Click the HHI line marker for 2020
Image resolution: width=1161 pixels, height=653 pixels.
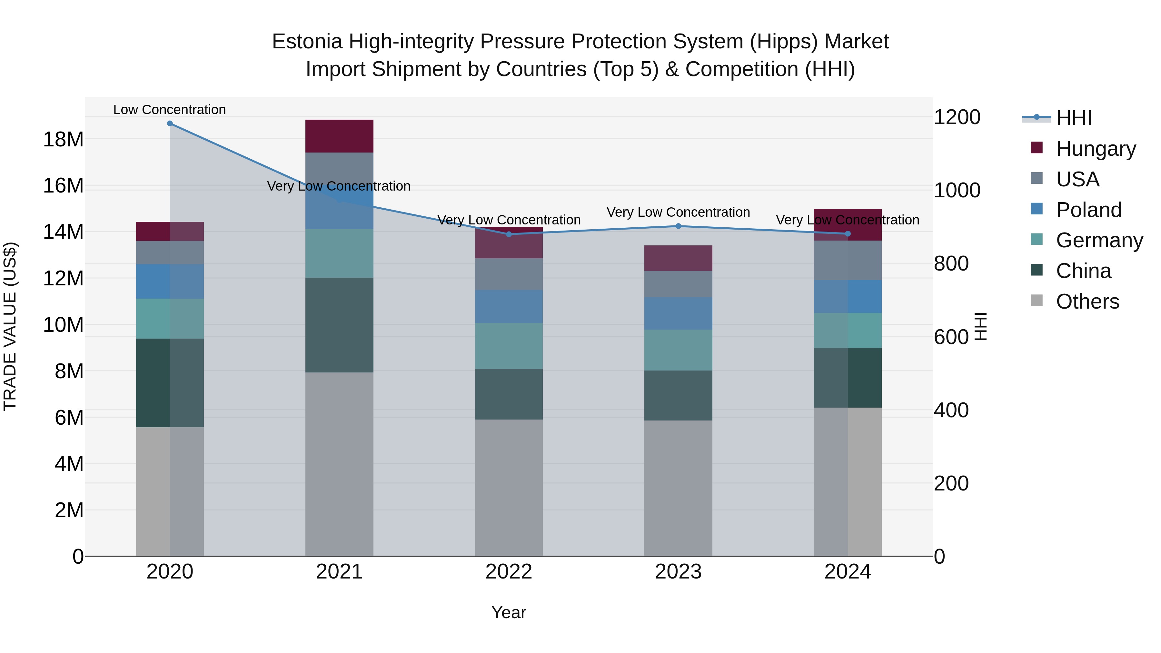point(170,124)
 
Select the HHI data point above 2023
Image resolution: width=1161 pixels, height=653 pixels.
point(678,226)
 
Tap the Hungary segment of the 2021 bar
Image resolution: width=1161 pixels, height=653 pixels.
point(339,136)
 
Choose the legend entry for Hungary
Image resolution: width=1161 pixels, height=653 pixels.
point(1095,149)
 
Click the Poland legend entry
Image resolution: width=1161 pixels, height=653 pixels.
point(1088,210)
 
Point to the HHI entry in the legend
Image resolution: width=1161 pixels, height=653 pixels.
point(1074,118)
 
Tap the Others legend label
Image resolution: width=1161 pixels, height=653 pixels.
point(1087,302)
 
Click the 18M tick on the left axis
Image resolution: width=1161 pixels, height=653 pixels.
point(63,139)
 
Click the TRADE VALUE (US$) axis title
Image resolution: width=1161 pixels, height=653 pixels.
point(10,326)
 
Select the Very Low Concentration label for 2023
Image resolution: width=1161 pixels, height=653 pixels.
point(678,212)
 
